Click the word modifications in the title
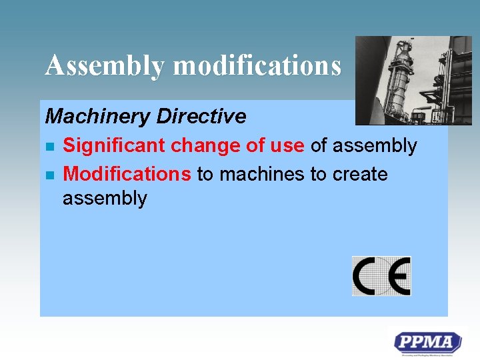click(257, 65)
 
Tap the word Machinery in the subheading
click(97, 117)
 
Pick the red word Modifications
click(127, 174)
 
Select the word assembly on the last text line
click(104, 199)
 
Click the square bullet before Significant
click(49, 146)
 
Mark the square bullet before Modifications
click(49, 175)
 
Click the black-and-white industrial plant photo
click(413, 80)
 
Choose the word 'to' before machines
click(205, 174)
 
